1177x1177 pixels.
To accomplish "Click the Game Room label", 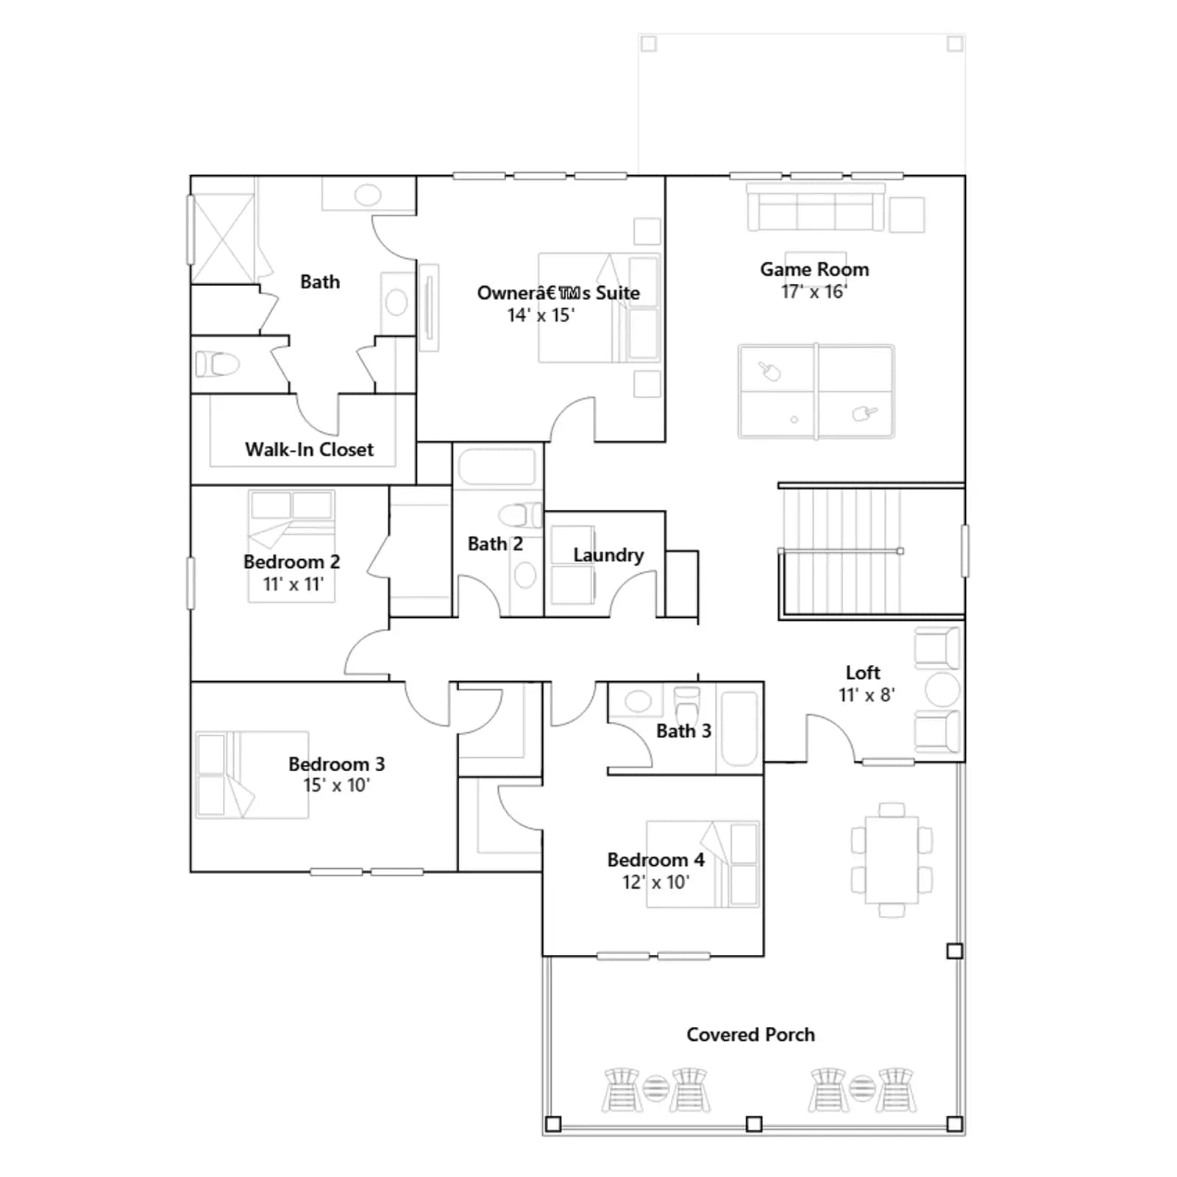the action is (x=814, y=269).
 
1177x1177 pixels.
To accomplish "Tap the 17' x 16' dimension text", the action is (x=814, y=292).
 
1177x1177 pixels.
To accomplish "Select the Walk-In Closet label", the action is (x=309, y=449).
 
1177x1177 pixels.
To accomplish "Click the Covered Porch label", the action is (x=750, y=1034).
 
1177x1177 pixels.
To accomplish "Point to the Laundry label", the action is (x=608, y=555).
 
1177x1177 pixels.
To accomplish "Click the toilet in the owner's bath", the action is (x=218, y=363).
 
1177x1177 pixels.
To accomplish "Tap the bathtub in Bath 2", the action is (x=497, y=466).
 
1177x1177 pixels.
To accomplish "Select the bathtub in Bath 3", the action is (x=739, y=729).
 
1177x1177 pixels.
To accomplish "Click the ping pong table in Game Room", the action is (x=817, y=391).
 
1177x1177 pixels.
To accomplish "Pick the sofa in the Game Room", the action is (x=816, y=207).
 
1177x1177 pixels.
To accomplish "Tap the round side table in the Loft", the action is (x=942, y=690).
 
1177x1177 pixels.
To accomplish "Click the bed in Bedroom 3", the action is (x=252, y=775).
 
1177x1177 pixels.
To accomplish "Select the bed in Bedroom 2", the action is (x=291, y=546).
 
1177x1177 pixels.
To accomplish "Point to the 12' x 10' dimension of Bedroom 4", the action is (x=655, y=882).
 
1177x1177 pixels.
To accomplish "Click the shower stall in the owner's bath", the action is (x=223, y=238).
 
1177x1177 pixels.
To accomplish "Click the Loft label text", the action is (x=863, y=672).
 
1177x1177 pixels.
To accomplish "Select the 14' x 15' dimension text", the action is (x=541, y=316).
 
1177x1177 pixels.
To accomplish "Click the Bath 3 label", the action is (x=683, y=731).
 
